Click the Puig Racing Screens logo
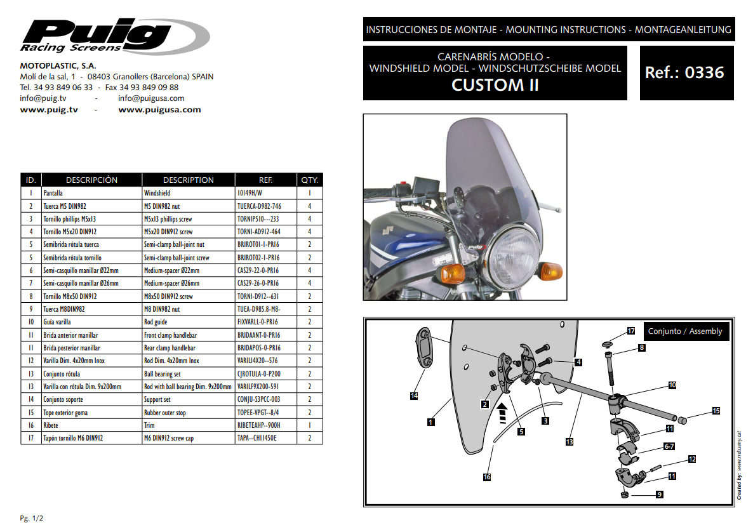114,36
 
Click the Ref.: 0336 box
686,73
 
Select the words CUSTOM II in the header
495,85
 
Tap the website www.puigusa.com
159,110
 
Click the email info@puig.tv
43,98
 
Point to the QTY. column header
310,180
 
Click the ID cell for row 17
31,438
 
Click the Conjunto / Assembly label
685,331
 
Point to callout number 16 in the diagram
487,477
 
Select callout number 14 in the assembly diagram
414,395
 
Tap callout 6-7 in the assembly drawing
669,446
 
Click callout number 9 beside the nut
660,495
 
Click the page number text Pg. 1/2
31,518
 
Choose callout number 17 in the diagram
631,331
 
